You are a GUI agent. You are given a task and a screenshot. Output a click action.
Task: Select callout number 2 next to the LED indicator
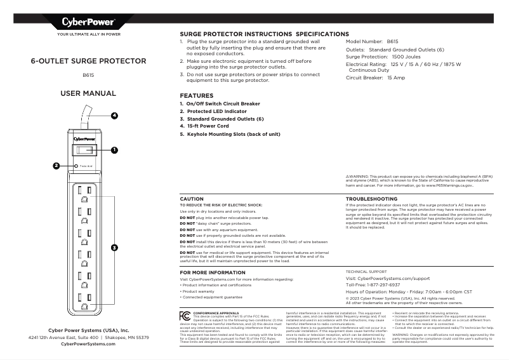coord(56,166)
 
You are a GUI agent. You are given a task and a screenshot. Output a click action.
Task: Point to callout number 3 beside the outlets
coord(114,246)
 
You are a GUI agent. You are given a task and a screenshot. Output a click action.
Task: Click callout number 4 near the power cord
coord(114,116)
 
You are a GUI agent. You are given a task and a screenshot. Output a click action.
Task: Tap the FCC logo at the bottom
coord(184,316)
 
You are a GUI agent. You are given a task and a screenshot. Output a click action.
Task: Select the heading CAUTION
coord(192,199)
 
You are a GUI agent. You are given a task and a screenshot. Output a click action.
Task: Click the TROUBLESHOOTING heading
coord(371,199)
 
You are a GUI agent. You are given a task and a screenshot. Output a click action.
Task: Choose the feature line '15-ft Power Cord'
coord(207,126)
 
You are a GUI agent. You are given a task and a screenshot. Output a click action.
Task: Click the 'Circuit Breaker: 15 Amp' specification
coord(375,77)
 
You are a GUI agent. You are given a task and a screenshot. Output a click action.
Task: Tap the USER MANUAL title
coord(88,93)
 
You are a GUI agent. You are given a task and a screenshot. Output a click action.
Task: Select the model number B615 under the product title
coord(88,76)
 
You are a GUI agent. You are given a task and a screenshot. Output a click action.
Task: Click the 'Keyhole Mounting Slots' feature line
coord(230,134)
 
